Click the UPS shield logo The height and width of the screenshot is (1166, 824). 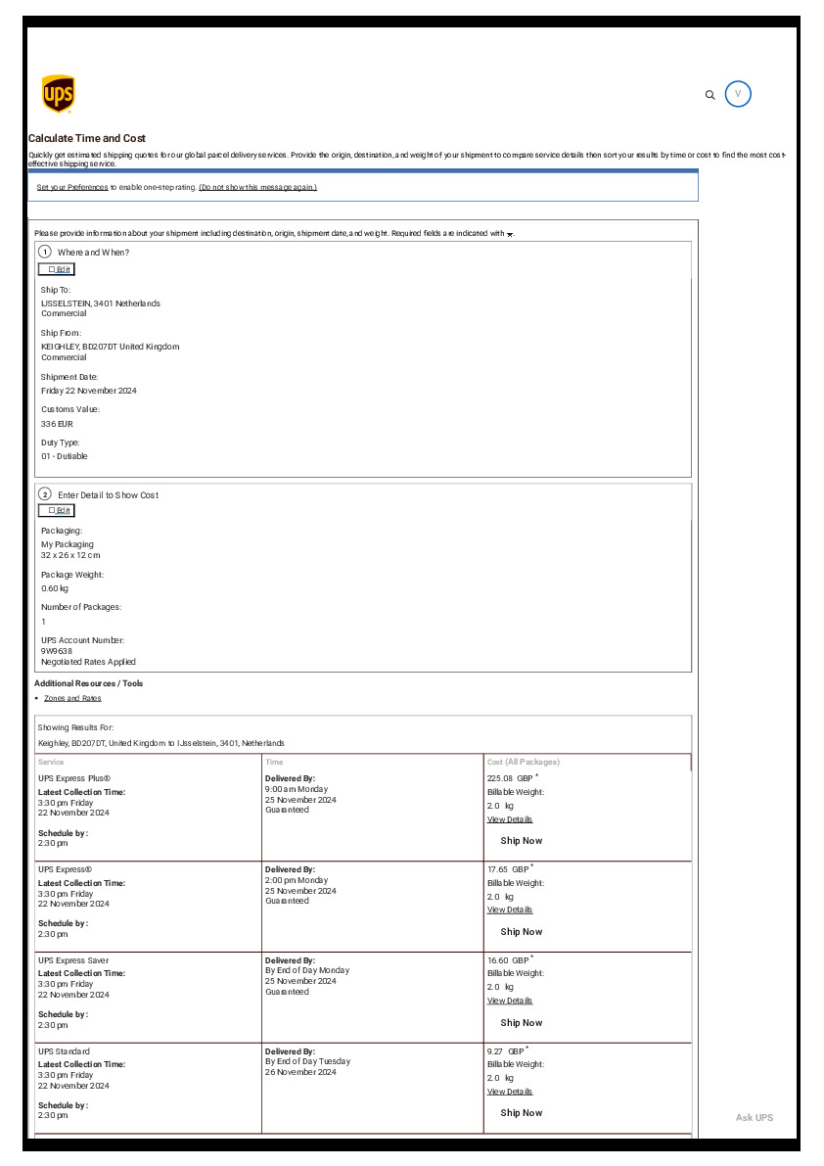click(59, 94)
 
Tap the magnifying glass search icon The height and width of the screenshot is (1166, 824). click(710, 95)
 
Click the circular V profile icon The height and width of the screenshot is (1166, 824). click(739, 94)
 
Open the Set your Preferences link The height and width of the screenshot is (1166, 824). click(72, 187)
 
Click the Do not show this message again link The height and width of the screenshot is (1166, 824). click(257, 187)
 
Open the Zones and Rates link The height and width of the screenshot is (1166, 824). click(72, 698)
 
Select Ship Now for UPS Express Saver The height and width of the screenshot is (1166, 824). click(521, 1022)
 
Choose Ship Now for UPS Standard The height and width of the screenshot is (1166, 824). click(521, 1113)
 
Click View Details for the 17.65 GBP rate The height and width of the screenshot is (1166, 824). click(510, 909)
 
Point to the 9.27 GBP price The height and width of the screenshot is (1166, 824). click(506, 1050)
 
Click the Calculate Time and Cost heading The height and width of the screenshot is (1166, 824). click(87, 139)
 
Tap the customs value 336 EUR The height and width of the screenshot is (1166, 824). click(57, 424)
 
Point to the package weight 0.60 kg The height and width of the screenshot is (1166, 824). click(55, 588)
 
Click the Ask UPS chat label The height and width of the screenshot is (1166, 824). click(754, 1117)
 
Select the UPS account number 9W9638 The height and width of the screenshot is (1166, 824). click(57, 651)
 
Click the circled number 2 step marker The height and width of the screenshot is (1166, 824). click(45, 494)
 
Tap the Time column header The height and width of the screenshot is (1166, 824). click(274, 762)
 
